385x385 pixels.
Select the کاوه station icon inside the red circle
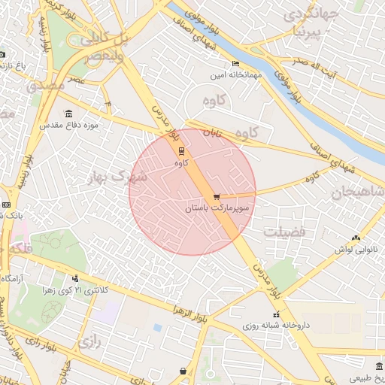179,149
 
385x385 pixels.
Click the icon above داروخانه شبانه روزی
276,315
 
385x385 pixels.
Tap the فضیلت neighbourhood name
284,232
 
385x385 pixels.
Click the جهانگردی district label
310,14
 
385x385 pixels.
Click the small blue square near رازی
157,328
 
